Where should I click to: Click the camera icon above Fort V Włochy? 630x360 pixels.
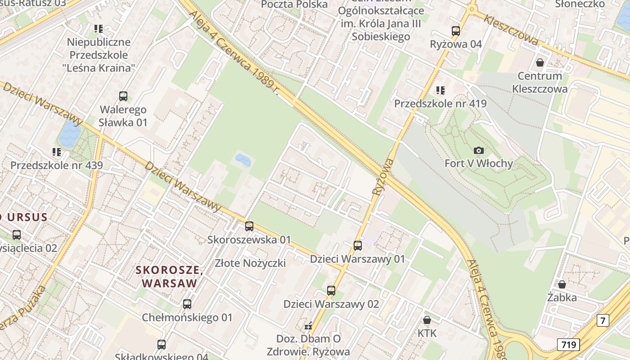pos(478,150)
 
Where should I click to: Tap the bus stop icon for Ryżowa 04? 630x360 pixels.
pos(456,31)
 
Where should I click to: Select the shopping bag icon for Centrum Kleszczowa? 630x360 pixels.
pos(540,63)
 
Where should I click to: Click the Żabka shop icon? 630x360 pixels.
pos(562,284)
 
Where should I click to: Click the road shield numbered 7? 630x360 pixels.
pos(603,320)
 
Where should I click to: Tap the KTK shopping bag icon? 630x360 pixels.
pos(427,320)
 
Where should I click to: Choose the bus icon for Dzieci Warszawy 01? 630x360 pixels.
pos(358,246)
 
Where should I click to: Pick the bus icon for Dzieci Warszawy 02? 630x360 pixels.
pos(331,291)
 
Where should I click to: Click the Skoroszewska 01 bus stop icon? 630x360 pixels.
pos(249,226)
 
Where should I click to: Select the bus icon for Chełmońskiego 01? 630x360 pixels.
pos(187,304)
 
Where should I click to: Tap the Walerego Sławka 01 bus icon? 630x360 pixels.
pos(123,96)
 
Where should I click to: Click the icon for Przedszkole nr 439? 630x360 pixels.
pos(56,152)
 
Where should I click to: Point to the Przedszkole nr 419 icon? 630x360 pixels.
pos(440,90)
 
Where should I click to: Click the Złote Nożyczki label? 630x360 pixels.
pos(250,263)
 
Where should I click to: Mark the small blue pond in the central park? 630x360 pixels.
pos(243,160)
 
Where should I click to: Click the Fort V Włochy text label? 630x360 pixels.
pos(478,163)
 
